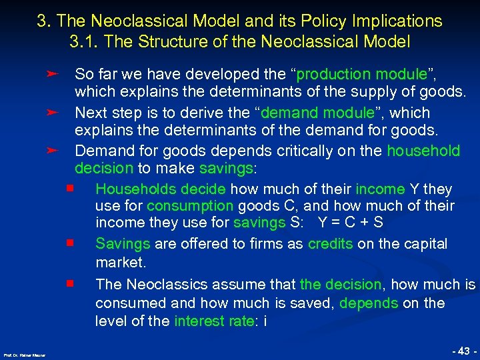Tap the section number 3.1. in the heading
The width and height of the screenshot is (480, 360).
[83, 41]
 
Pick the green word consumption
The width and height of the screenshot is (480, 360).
[190, 206]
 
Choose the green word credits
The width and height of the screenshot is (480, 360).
[331, 244]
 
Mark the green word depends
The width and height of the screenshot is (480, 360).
[369, 303]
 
